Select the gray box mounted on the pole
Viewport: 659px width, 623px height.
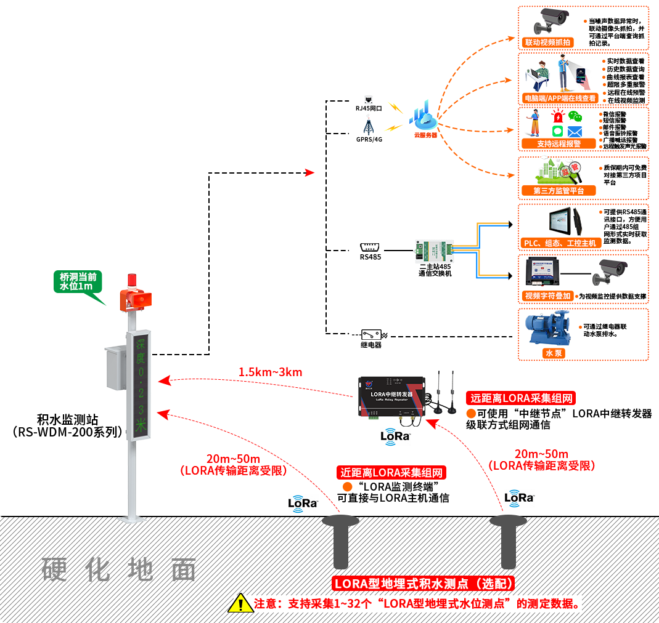coord(115,367)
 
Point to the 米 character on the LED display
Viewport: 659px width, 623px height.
coord(141,425)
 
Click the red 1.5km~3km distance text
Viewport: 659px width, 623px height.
coord(270,372)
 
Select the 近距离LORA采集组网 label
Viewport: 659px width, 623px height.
coord(391,473)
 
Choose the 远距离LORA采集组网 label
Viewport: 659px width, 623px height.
coord(521,398)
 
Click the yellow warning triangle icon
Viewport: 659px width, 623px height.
coord(240,603)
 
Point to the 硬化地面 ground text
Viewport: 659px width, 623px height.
coord(119,570)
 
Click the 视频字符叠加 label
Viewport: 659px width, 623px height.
coord(547,295)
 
